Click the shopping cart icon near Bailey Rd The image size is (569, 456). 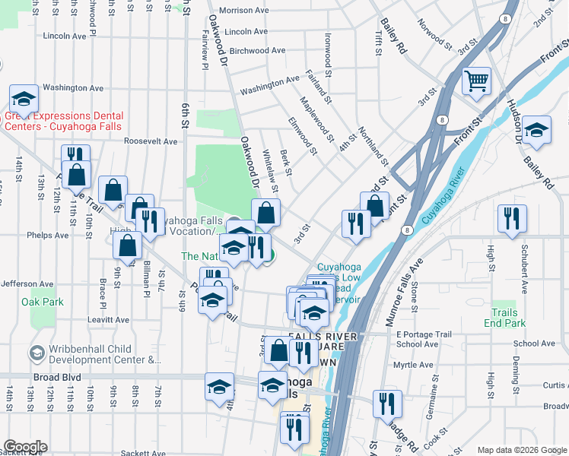pyautogui.click(x=476, y=81)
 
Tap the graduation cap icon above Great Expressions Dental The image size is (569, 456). pyautogui.click(x=24, y=98)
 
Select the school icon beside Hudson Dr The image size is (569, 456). pyautogui.click(x=536, y=129)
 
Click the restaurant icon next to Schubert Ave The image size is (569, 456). pyautogui.click(x=512, y=218)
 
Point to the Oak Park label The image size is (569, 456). pyautogui.click(x=43, y=302)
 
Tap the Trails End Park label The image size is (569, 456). pyautogui.click(x=504, y=318)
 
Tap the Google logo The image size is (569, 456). pyautogui.click(x=25, y=446)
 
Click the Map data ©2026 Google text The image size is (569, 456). pyautogui.click(x=522, y=450)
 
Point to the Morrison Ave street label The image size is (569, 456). pyautogui.click(x=244, y=11)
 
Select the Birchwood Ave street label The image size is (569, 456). pyautogui.click(x=257, y=51)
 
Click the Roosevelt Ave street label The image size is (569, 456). pyautogui.click(x=151, y=141)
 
